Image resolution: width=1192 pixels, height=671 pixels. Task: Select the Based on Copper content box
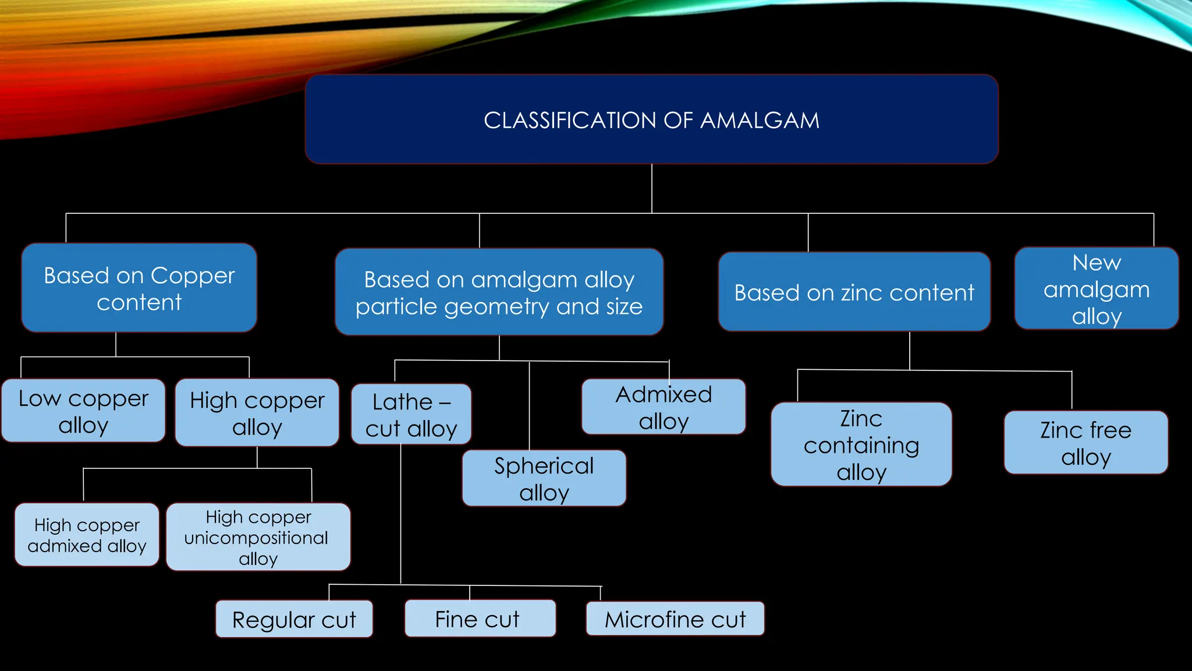point(139,288)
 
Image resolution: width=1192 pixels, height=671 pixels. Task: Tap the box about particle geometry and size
point(499,292)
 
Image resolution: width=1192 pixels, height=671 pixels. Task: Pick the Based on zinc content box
point(854,292)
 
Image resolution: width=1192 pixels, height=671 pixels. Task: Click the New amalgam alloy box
point(1096,289)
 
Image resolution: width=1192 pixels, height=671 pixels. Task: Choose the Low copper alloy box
point(83,411)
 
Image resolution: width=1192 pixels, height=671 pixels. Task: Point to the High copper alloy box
point(257,413)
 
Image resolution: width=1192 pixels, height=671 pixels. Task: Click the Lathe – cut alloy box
point(411,415)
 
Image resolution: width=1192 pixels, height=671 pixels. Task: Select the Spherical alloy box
point(544,479)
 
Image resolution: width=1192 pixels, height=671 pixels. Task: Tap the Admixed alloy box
point(664,407)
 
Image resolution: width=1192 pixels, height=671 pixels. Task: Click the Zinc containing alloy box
point(861,445)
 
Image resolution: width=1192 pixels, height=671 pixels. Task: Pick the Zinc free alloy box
point(1085,443)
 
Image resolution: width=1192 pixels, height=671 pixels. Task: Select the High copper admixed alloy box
point(87,535)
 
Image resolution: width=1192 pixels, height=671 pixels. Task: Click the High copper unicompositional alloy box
point(258,537)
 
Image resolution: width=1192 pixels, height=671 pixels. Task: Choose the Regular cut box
point(294,620)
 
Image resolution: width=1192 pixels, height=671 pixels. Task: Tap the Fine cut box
point(480,619)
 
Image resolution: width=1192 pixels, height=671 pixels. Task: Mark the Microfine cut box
point(675,619)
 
